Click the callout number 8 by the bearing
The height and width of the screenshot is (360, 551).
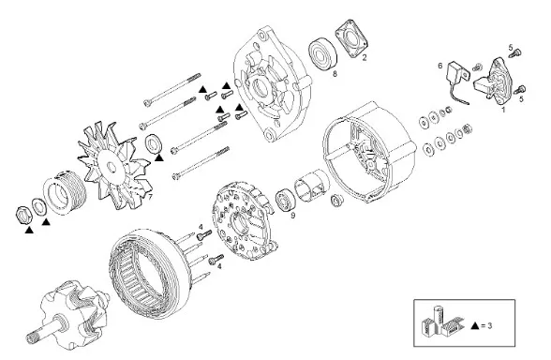tap(335, 73)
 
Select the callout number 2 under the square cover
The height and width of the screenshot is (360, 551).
tap(364, 58)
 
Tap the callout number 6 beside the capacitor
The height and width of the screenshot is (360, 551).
tap(440, 66)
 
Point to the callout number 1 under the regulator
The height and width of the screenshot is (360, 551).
tap(503, 110)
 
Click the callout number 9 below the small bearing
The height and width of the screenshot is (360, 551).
tap(293, 216)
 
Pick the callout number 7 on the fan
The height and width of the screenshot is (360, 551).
tap(150, 197)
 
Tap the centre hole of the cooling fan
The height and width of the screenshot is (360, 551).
tap(112, 167)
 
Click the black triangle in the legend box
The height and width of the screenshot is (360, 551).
tap(475, 325)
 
